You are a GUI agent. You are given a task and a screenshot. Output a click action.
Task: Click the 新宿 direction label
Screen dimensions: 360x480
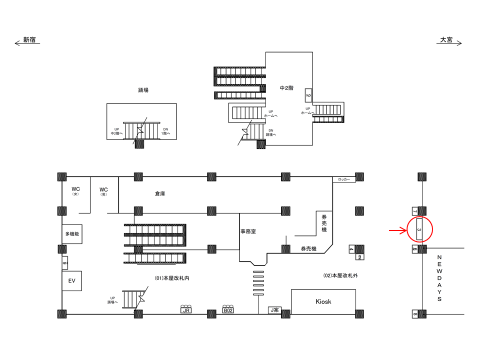coord(29,40)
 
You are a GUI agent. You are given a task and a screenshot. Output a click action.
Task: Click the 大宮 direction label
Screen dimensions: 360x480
coord(446,40)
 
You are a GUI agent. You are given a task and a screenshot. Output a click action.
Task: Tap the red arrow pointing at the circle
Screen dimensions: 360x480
coord(398,230)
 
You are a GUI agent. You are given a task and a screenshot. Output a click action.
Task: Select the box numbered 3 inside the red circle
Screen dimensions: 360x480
coord(419,229)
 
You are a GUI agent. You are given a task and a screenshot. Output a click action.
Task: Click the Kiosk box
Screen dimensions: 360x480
coord(323,301)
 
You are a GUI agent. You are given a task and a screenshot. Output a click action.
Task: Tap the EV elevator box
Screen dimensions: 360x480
coord(71,281)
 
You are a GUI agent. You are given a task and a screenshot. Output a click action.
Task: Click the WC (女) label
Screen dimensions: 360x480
coord(75,190)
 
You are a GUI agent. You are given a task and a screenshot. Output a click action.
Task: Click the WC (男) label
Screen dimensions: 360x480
coord(104,191)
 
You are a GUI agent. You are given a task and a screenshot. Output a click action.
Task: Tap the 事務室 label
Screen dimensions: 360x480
coord(248,232)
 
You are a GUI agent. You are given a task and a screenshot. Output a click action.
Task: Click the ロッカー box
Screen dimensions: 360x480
coord(344,179)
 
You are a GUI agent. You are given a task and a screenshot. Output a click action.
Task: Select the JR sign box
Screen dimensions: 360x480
coord(186,310)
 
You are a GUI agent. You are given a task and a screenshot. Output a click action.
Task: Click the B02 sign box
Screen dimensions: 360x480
coord(228,310)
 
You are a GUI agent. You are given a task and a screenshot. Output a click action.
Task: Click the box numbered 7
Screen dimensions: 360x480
coord(414,210)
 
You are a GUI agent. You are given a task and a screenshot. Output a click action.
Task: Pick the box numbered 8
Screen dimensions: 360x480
coord(415,314)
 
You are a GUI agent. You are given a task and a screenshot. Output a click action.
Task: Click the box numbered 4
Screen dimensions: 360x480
coord(351,249)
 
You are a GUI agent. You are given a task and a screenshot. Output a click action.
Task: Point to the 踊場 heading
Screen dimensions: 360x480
coord(143,90)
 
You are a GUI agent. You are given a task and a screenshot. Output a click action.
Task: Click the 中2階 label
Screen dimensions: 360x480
coord(286,88)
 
